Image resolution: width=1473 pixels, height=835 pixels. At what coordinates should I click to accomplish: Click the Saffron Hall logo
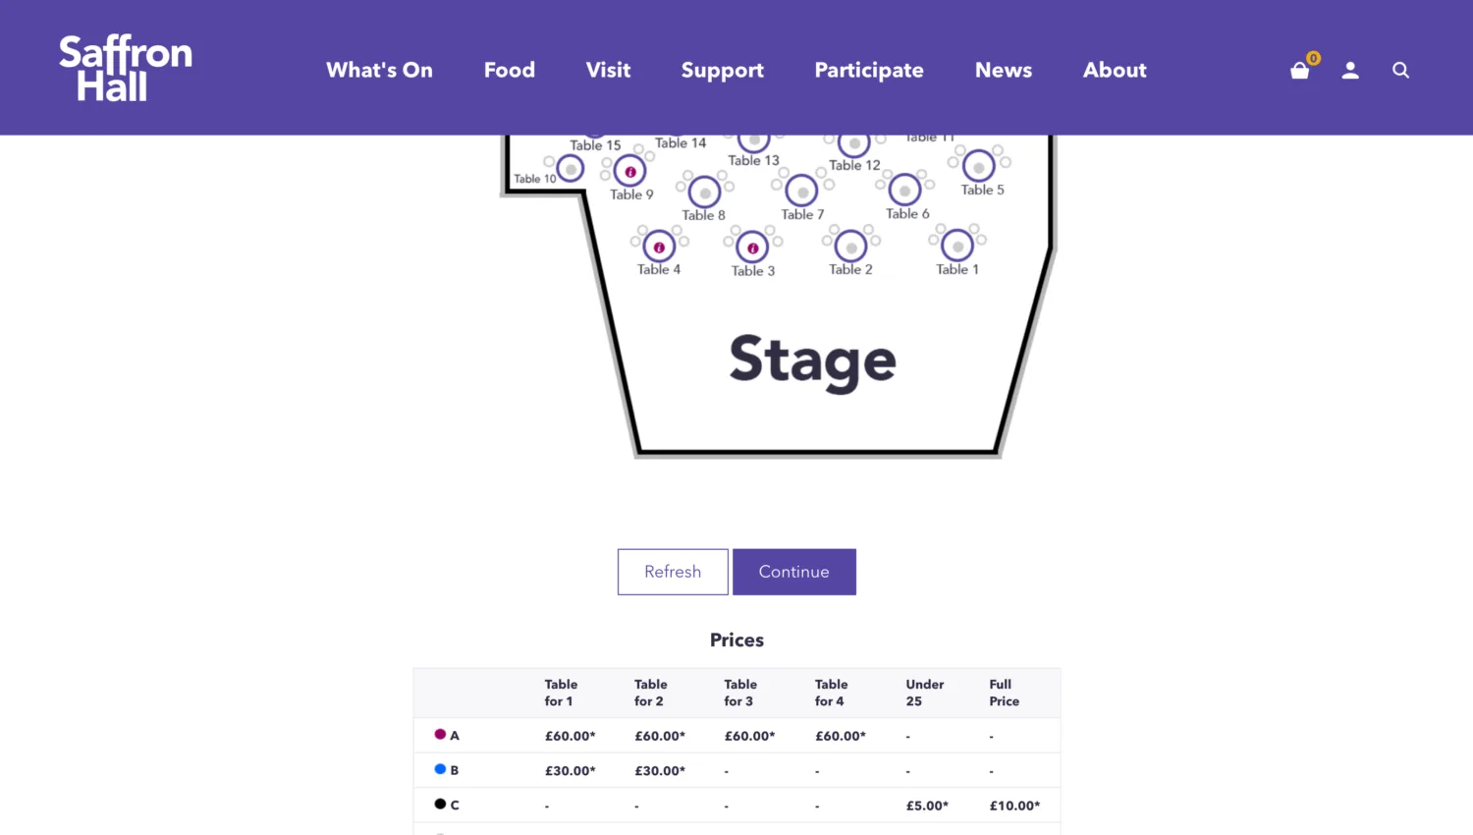click(125, 69)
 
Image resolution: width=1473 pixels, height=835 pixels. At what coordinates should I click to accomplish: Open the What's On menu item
click(379, 70)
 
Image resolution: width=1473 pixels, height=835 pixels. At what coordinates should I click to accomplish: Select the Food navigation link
click(509, 70)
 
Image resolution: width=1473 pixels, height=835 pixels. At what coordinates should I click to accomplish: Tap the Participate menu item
click(868, 70)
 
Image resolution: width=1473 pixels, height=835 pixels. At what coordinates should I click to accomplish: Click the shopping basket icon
click(1300, 70)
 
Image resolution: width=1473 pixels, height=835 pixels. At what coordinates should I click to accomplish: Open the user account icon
click(1350, 70)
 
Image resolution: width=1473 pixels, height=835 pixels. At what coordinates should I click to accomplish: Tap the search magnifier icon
click(1400, 70)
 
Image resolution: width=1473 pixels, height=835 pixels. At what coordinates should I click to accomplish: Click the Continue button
click(793, 572)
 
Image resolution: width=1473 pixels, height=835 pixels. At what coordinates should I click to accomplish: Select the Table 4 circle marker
click(659, 247)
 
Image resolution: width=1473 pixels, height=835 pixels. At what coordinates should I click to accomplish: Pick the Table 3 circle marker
click(752, 248)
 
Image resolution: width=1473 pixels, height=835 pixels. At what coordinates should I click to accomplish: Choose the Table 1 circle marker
click(957, 246)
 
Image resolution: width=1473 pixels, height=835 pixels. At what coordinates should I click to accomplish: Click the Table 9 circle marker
click(630, 171)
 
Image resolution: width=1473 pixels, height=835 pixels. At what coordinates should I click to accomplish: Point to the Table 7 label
click(802, 214)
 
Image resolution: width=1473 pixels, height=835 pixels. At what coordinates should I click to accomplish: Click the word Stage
click(812, 361)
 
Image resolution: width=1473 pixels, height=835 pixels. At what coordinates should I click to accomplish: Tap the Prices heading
click(736, 640)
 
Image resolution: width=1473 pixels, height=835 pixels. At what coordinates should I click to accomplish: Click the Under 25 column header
click(924, 693)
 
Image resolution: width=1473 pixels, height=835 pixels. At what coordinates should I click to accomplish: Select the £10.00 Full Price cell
click(1013, 806)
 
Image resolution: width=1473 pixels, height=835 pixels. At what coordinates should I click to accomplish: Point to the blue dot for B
click(440, 769)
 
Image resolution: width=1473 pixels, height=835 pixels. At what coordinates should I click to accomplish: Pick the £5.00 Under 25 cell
click(926, 806)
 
